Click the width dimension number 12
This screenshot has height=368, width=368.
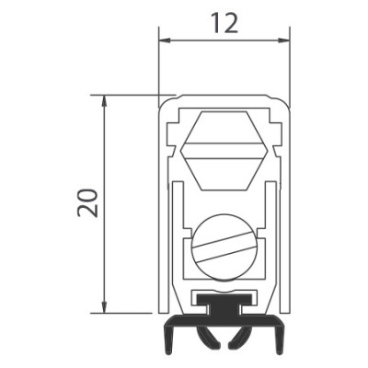(x=225, y=23)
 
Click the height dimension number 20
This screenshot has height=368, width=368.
(x=87, y=202)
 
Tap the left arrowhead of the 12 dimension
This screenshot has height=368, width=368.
(x=166, y=40)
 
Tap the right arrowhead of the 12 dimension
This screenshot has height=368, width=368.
(x=283, y=40)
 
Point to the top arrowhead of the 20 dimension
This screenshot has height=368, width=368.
(x=105, y=101)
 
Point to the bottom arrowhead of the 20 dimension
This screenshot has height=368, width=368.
(x=105, y=307)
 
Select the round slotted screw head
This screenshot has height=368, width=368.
(x=224, y=247)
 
